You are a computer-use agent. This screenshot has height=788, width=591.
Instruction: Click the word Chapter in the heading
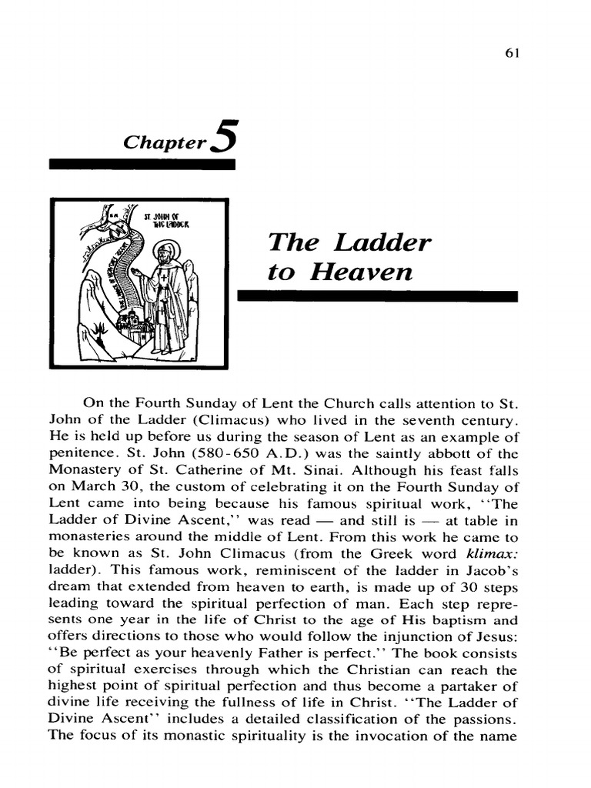coord(164,142)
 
